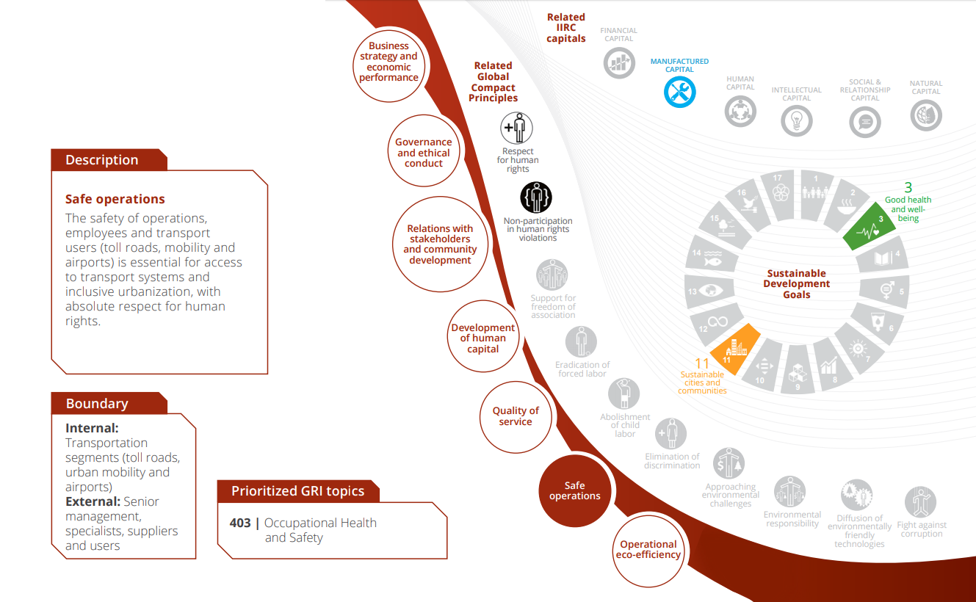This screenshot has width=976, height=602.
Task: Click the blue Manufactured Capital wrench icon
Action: coord(679,92)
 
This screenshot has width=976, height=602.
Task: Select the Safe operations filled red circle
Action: coord(575,490)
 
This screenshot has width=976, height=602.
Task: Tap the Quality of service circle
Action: coord(516,416)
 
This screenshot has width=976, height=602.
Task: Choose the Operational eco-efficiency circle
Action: coord(648,549)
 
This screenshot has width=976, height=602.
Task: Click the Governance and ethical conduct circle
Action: coord(424,153)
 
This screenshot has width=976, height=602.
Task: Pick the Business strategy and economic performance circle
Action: coord(388,62)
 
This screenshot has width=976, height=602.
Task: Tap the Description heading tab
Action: coord(102,160)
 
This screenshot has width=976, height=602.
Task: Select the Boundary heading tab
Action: coord(97,404)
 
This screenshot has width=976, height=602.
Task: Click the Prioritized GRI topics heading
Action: coord(297,491)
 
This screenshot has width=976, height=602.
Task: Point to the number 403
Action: coord(240,523)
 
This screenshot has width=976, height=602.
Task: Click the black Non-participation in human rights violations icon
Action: coord(536,197)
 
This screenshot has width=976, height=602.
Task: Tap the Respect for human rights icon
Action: coord(517,128)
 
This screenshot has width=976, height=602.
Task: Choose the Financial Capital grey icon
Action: coord(619,63)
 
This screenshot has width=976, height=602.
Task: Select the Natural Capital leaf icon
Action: coord(925,115)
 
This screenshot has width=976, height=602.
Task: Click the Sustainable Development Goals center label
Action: coord(797,284)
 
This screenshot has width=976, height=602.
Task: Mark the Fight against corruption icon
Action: coord(921,503)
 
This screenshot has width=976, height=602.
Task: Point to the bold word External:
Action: coord(93,502)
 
